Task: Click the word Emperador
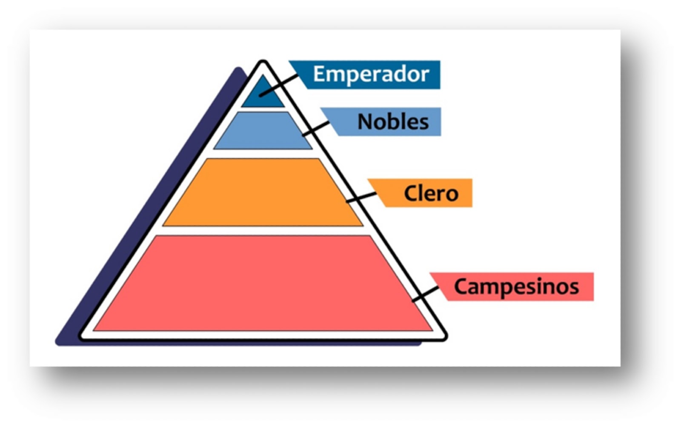[x=371, y=74]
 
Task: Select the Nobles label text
[x=393, y=122]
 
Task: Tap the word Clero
[x=431, y=193]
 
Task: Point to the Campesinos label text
[x=516, y=286]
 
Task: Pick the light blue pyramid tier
[x=263, y=131]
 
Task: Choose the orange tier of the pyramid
[x=263, y=192]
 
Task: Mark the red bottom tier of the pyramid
[x=263, y=283]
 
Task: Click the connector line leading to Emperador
[x=279, y=85]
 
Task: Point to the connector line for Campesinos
[x=426, y=294]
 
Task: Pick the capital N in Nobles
[x=364, y=122]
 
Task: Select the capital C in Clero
[x=411, y=193]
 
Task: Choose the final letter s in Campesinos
[x=574, y=287]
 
